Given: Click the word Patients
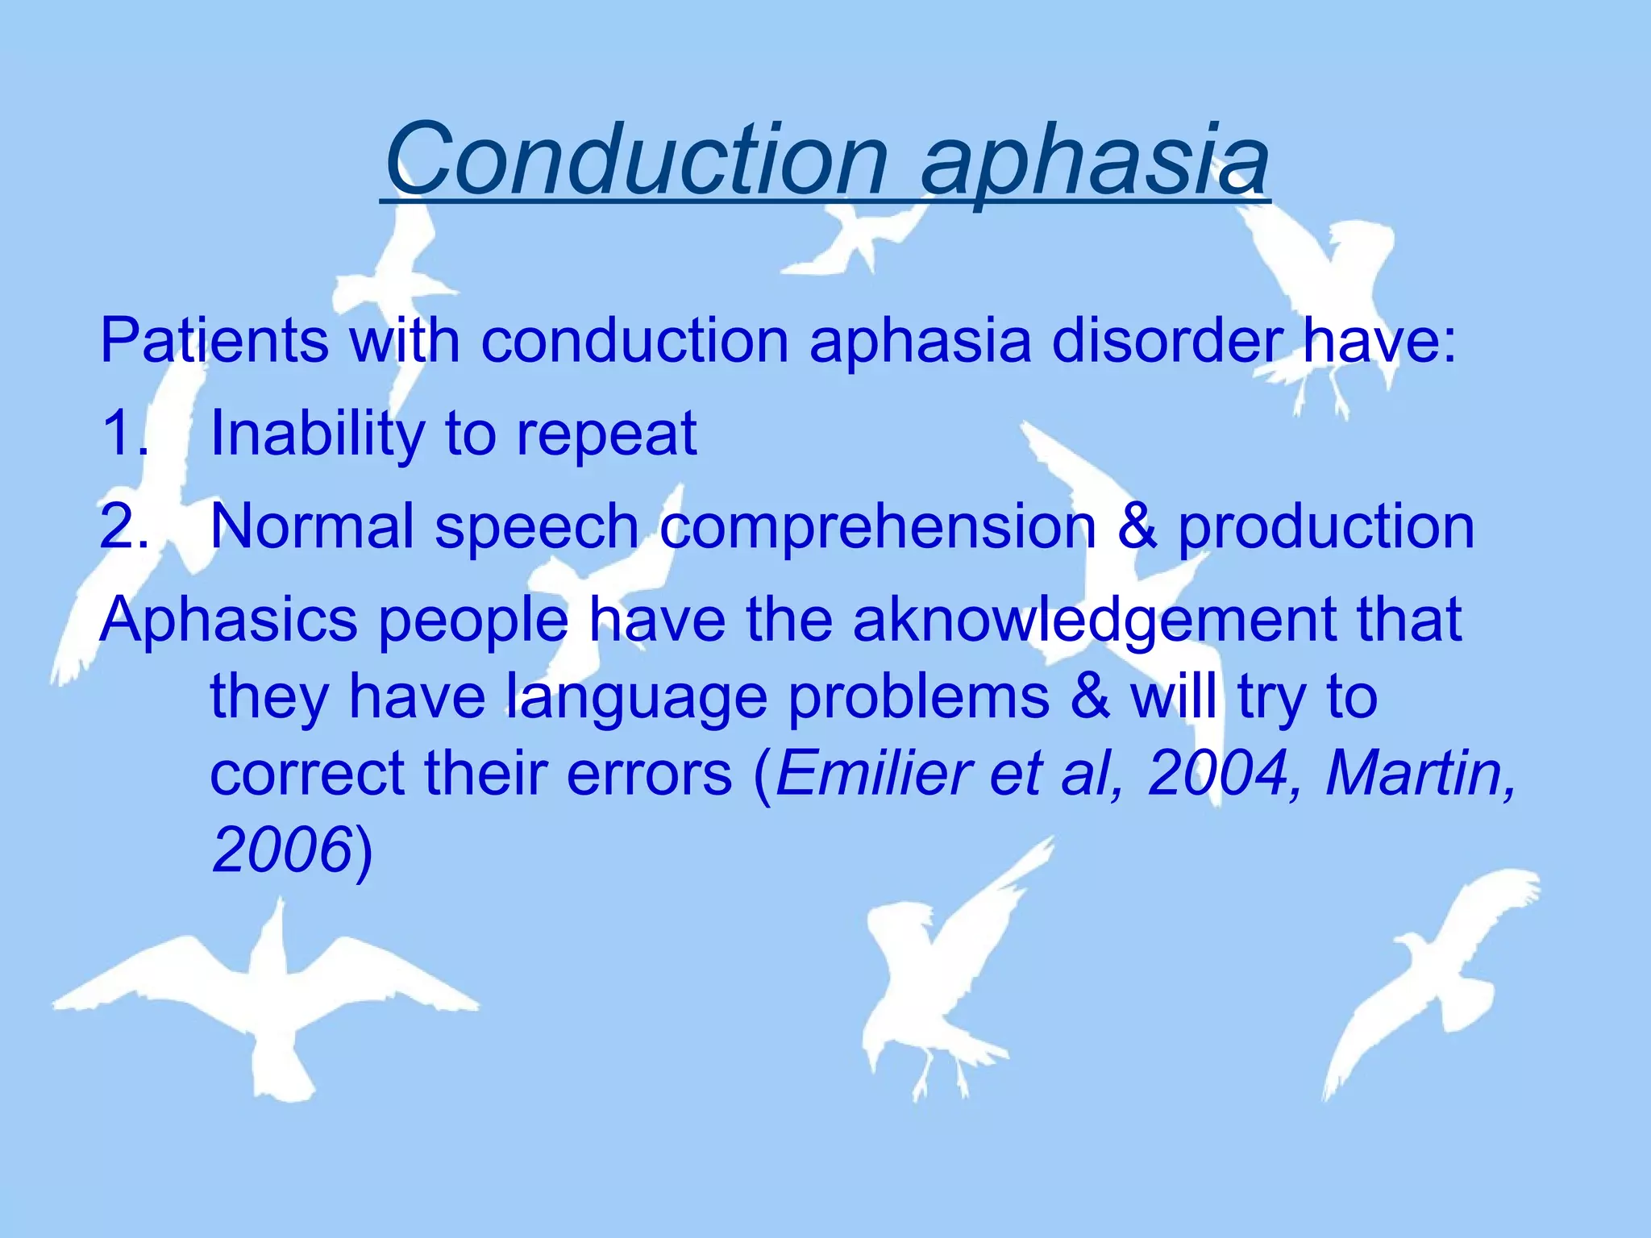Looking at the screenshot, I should coord(214,341).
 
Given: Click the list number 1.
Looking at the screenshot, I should coord(121,434).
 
